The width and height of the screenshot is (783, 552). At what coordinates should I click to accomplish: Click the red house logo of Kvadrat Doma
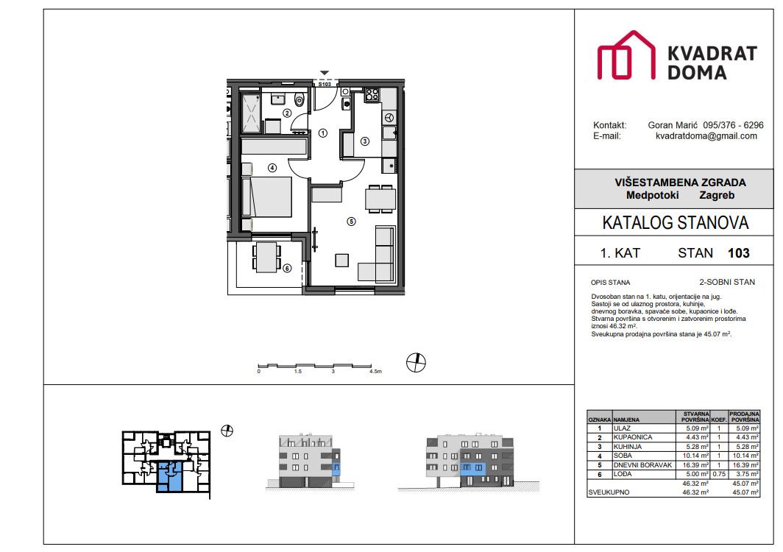[626, 56]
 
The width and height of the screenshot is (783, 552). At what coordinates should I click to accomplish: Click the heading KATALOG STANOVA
[675, 223]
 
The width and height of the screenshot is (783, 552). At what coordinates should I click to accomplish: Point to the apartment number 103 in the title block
[738, 253]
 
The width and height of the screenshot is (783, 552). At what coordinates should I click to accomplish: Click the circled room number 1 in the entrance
[322, 133]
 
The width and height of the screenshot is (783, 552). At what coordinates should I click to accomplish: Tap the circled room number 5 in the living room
[351, 220]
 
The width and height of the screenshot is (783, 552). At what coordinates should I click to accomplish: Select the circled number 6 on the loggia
[287, 268]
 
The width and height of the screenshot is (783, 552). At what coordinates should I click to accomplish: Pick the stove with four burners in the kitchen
[372, 94]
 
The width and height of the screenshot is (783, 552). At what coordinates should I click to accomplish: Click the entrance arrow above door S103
[324, 73]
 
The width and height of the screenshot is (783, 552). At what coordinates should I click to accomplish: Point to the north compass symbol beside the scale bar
[417, 362]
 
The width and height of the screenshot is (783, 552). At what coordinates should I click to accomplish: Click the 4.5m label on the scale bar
[375, 372]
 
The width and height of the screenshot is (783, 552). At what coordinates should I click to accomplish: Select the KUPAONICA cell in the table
[632, 437]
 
